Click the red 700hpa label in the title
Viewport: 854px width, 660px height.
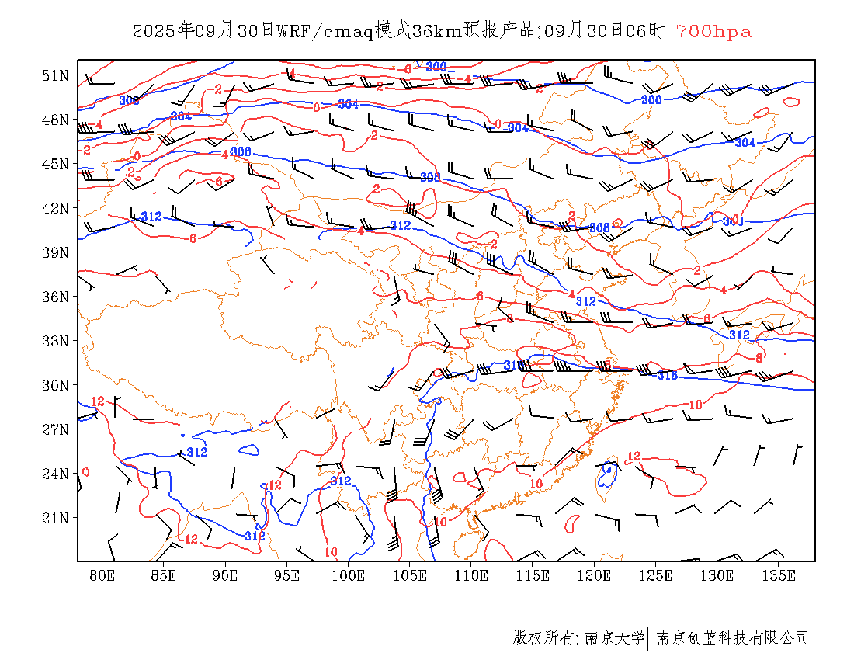pos(713,32)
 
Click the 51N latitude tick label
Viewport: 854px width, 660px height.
pos(56,75)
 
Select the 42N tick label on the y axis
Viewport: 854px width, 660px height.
pos(56,208)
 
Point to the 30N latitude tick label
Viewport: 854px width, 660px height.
pos(56,385)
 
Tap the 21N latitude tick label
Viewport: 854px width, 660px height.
pos(56,518)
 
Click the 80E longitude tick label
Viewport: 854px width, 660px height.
pos(102,575)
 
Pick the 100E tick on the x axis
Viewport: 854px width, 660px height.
pos(349,575)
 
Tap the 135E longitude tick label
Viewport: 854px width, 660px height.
pos(779,575)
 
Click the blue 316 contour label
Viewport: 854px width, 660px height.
pos(667,376)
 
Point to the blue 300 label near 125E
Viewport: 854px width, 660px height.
pos(651,100)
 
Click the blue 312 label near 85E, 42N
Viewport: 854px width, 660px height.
pos(151,217)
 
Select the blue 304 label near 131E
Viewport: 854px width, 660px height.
pos(745,143)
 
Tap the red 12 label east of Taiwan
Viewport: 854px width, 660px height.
pos(634,457)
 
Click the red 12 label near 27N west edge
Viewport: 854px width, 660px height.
pos(98,401)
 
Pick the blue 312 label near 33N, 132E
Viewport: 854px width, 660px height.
pos(739,335)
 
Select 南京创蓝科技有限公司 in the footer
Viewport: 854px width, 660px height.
pos(732,638)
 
